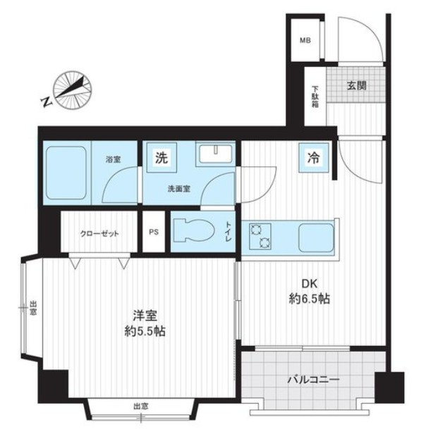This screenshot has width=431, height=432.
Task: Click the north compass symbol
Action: [73, 90]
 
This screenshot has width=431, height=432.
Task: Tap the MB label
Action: [305, 40]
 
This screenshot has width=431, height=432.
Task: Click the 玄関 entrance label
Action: [356, 86]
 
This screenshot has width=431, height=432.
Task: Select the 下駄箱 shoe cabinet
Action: [315, 97]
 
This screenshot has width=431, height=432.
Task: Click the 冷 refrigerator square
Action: [314, 158]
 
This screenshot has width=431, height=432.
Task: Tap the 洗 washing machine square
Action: [162, 158]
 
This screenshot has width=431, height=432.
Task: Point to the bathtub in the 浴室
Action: [66, 173]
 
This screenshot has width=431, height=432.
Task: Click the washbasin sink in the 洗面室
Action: [215, 154]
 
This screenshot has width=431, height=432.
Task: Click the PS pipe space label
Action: [154, 232]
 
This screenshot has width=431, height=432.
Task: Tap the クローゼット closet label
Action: [99, 234]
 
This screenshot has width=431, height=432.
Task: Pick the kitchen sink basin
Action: [316, 237]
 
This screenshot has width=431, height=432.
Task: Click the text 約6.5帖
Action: [309, 298]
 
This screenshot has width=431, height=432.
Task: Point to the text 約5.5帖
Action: [145, 331]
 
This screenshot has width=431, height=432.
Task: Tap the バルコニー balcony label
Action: [313, 380]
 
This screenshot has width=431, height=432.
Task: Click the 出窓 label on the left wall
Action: [33, 307]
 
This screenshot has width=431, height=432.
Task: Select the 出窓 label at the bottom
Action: [141, 406]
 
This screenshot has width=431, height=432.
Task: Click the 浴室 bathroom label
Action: [113, 159]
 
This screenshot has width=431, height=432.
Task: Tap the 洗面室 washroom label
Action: [179, 189]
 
